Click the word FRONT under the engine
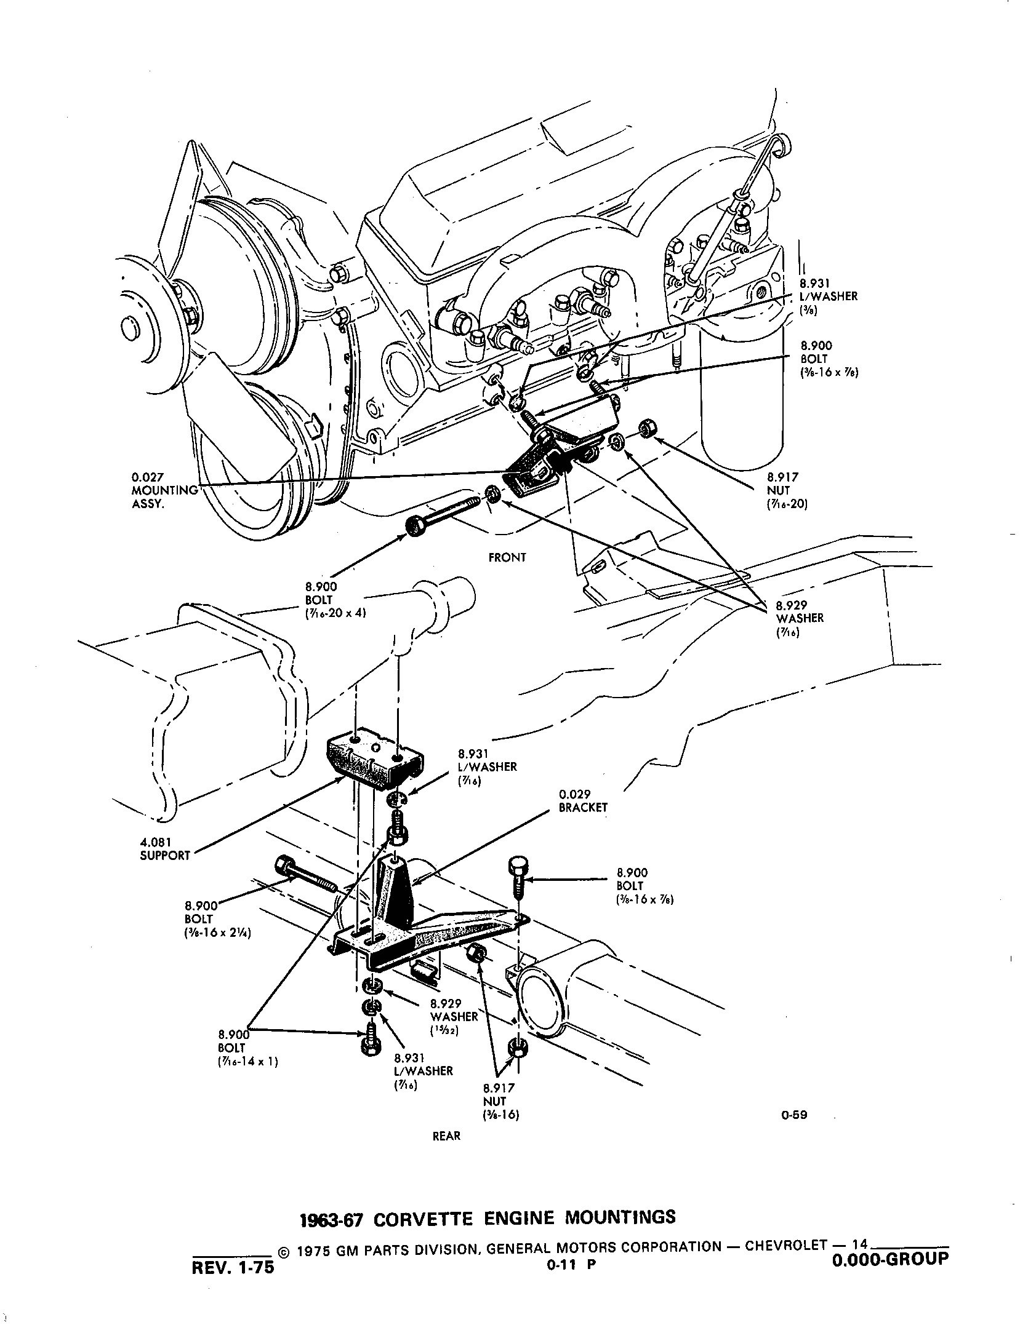click(x=507, y=557)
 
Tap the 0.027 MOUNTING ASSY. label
click(x=164, y=490)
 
